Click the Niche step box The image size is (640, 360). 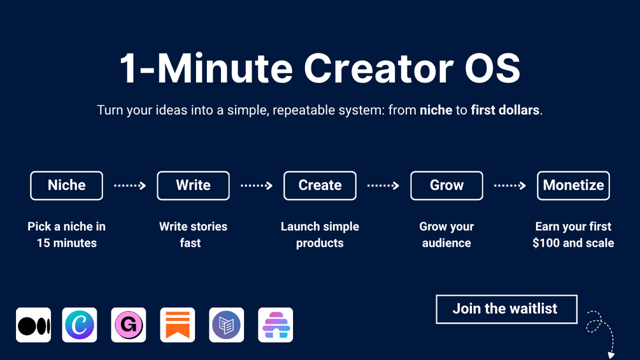pyautogui.click(x=66, y=185)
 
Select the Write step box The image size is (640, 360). pyautogui.click(x=193, y=185)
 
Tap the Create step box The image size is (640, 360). pyautogui.click(x=320, y=185)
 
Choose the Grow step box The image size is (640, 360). pyautogui.click(x=446, y=185)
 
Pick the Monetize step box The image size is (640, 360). pyautogui.click(x=574, y=185)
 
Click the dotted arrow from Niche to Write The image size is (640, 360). pyautogui.click(x=130, y=185)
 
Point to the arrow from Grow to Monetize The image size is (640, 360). pyautogui.click(x=510, y=185)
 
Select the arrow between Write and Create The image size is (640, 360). pyautogui.click(x=257, y=185)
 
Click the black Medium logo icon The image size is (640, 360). pyautogui.click(x=34, y=325)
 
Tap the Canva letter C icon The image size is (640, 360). pyautogui.click(x=80, y=325)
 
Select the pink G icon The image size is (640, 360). pyautogui.click(x=129, y=325)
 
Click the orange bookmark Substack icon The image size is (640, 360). pyautogui.click(x=178, y=325)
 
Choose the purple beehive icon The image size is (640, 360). pyautogui.click(x=276, y=325)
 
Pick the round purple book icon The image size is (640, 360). pyautogui.click(x=227, y=325)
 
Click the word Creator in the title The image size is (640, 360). pyautogui.click(x=378, y=68)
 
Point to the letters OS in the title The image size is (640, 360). pyautogui.click(x=493, y=68)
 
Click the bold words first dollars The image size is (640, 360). pyautogui.click(x=505, y=110)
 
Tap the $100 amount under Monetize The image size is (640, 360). pyautogui.click(x=546, y=243)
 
